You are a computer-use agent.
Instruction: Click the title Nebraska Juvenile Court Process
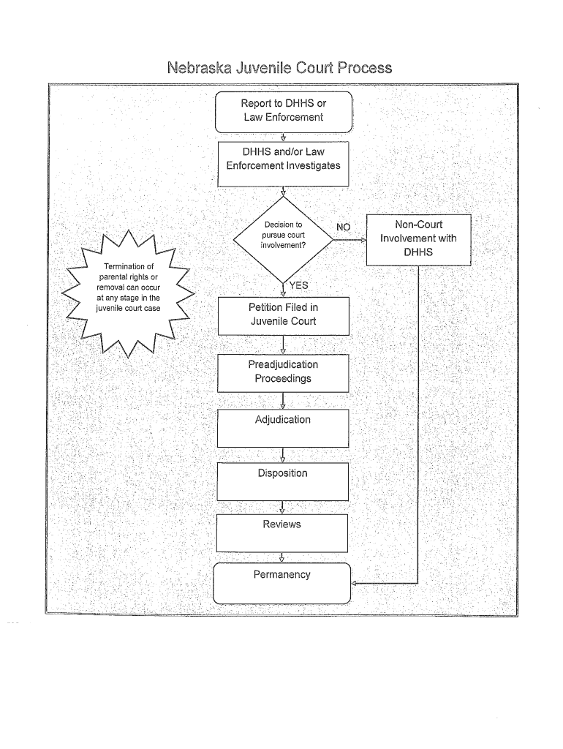click(280, 68)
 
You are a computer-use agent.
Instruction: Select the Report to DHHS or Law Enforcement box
click(283, 110)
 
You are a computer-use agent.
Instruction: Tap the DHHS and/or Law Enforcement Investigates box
click(283, 159)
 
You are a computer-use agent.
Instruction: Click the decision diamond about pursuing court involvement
click(283, 236)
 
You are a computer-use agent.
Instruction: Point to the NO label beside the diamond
click(343, 227)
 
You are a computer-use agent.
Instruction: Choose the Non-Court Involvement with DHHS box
click(418, 238)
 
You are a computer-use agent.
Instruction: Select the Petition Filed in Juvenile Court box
click(283, 315)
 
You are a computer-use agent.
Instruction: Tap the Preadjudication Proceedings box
click(283, 372)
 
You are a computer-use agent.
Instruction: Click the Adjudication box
click(283, 428)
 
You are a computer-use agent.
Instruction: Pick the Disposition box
click(283, 481)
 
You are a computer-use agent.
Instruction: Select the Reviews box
click(283, 532)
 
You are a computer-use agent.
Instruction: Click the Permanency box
click(282, 582)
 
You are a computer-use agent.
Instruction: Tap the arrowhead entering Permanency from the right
click(355, 584)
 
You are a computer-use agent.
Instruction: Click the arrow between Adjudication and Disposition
click(283, 456)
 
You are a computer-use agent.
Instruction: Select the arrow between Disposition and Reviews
click(283, 508)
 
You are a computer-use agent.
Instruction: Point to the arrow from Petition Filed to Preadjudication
click(283, 345)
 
